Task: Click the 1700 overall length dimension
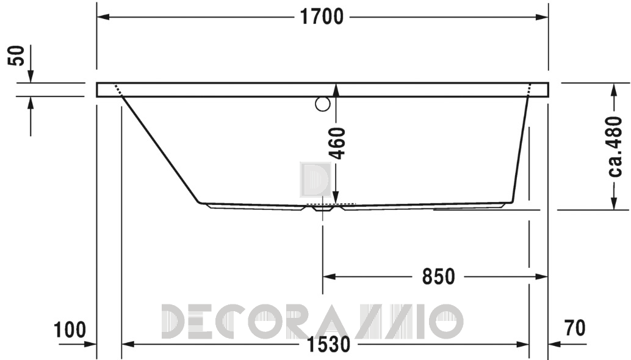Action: point(322,17)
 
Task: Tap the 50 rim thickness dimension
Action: point(17,56)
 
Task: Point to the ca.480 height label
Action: point(615,146)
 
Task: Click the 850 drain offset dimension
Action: point(438,277)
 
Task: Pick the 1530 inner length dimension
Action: point(328,344)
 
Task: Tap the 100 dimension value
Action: point(70,330)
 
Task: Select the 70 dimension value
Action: point(575,328)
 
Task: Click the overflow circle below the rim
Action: point(323,104)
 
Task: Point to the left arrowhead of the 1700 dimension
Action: point(103,17)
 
